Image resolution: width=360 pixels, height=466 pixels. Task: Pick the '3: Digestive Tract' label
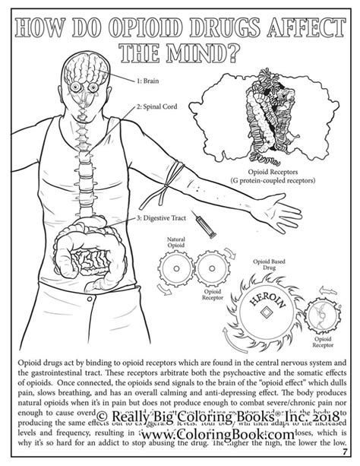coord(163,219)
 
